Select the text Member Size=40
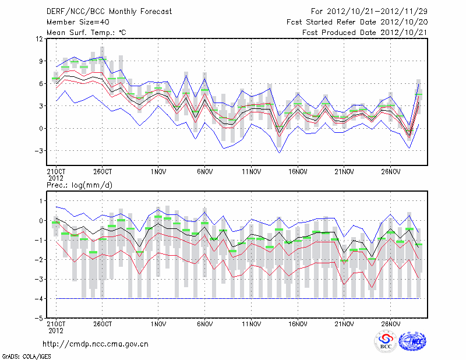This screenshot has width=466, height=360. click(76, 22)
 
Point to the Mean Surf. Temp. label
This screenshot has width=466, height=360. click(86, 32)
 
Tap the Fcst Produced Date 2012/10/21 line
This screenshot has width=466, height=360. click(365, 32)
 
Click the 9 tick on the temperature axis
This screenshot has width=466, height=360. click(41, 61)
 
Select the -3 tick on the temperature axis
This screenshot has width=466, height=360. click(39, 151)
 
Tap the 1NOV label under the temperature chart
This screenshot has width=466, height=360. click(158, 172)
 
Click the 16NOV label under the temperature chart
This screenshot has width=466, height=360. click(298, 172)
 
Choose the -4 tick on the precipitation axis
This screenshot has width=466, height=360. click(39, 299)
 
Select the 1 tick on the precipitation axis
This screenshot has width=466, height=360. click(41, 201)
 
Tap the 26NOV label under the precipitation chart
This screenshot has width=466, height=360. click(391, 323)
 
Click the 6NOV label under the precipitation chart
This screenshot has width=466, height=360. click(204, 323)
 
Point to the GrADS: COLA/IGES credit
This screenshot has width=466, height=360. click(23, 355)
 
